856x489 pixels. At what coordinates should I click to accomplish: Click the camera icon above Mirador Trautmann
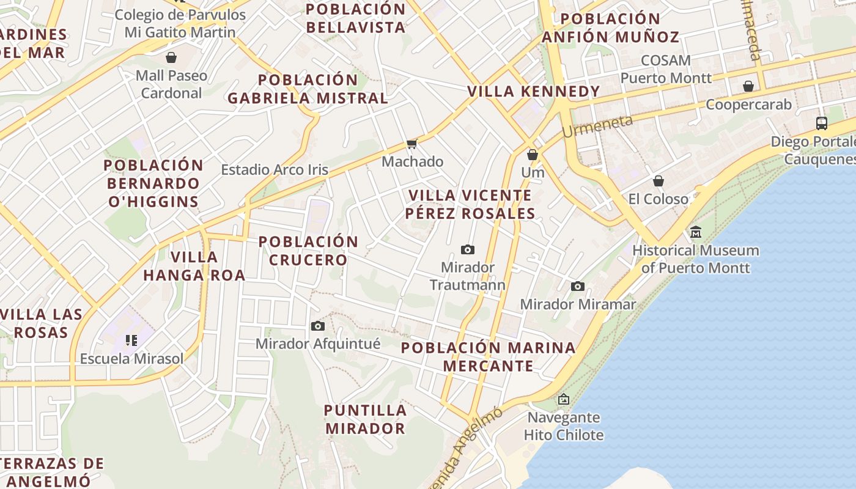[x=468, y=249]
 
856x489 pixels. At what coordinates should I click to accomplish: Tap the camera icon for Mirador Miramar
[x=577, y=286]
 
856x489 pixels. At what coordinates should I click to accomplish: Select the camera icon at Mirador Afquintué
[x=317, y=326]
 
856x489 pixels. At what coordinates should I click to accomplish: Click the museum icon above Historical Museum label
[x=696, y=232]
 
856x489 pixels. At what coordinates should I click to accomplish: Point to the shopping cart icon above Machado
[x=411, y=144]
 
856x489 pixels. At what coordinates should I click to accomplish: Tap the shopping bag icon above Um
[x=533, y=155]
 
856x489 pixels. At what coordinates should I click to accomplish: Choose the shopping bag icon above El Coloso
[x=659, y=181]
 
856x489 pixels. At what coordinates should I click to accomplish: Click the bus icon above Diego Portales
[x=822, y=123]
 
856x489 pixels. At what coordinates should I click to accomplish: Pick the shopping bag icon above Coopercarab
[x=748, y=86]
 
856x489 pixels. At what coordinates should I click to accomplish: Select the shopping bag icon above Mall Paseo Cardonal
[x=171, y=57]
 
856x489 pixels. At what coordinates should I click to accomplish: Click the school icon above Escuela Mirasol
[x=131, y=340]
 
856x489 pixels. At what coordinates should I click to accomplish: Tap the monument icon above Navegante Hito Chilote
[x=563, y=399]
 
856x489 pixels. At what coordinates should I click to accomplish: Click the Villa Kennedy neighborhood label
[x=534, y=92]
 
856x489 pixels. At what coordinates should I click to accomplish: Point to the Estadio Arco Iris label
[x=275, y=170]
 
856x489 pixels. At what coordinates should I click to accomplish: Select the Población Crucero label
[x=308, y=251]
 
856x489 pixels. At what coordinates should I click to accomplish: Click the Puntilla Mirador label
[x=365, y=419]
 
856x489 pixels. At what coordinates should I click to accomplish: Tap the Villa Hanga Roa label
[x=194, y=266]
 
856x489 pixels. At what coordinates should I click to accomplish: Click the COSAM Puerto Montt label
[x=666, y=69]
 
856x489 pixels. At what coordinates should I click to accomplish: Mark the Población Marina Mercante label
[x=488, y=357]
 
